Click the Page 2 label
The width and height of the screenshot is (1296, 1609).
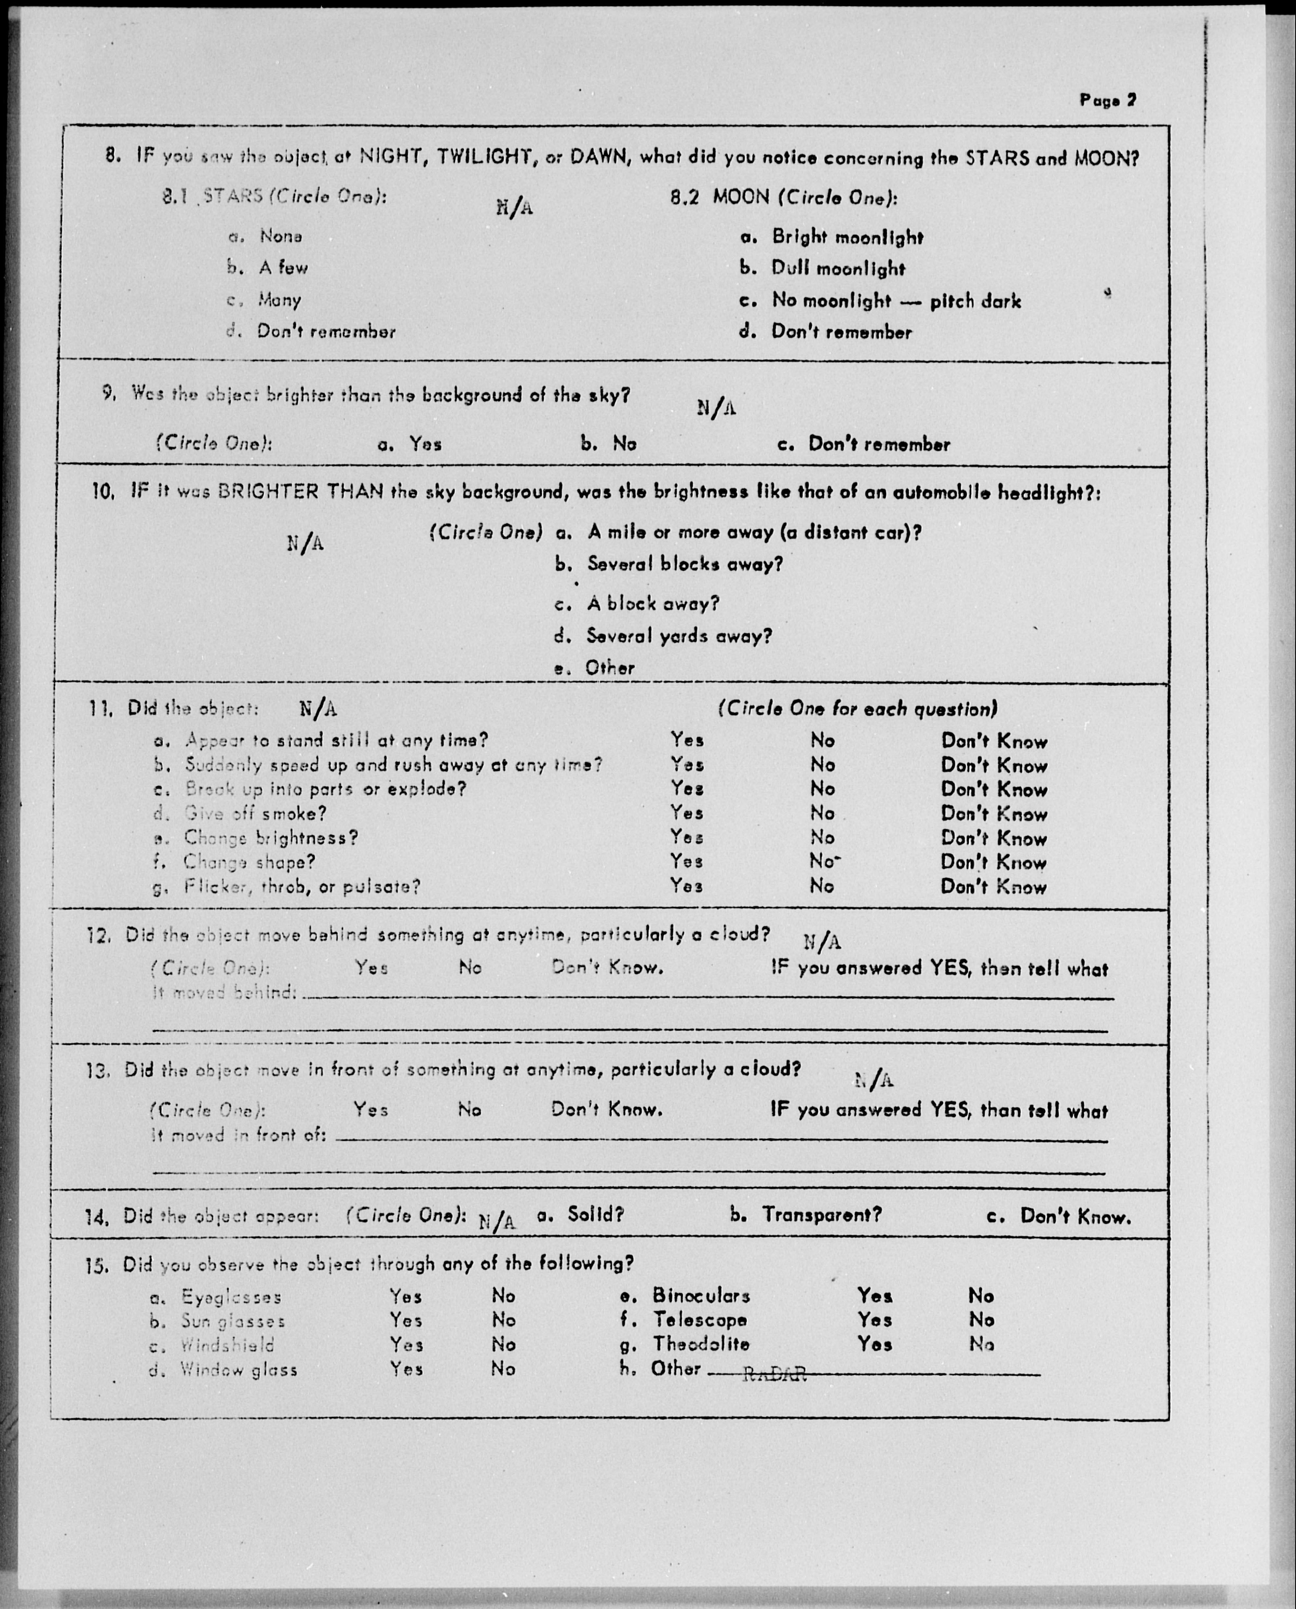[1107, 100]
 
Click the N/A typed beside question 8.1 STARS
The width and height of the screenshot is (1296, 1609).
[514, 207]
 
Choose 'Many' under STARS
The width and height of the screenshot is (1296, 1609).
[279, 300]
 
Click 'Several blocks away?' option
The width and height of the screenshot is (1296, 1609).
[684, 564]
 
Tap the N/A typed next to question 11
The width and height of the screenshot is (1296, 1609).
[318, 708]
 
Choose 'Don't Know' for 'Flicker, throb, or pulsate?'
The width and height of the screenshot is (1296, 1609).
[993, 887]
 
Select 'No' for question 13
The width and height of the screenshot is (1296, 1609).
[469, 1110]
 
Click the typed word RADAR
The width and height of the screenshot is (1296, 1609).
[775, 1374]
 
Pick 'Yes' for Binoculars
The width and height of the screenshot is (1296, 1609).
[874, 1295]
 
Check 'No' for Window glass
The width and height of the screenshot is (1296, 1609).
[503, 1369]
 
